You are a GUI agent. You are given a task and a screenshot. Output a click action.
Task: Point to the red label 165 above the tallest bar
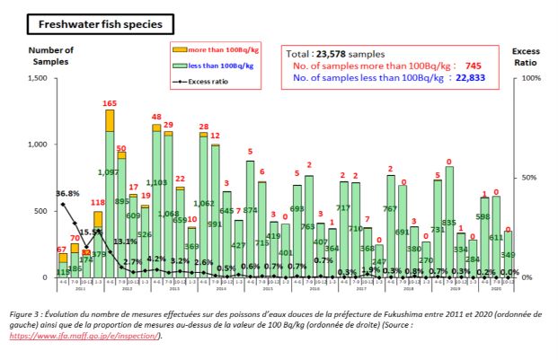110,104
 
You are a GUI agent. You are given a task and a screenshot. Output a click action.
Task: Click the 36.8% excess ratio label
44,194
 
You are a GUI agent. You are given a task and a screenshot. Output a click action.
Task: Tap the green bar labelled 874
250,220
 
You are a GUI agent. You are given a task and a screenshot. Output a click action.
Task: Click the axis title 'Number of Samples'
51,55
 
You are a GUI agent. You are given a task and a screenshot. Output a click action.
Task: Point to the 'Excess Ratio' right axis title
527,55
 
